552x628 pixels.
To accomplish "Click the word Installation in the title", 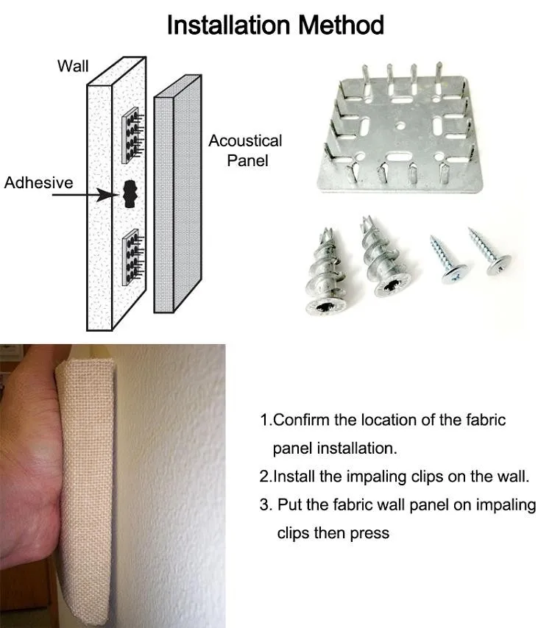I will (225, 25).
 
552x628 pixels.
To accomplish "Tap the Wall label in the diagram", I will (73, 66).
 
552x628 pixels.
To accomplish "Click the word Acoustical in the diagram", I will (245, 141).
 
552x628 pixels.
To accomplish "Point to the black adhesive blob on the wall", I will (130, 194).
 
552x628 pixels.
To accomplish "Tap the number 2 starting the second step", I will (264, 477).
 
